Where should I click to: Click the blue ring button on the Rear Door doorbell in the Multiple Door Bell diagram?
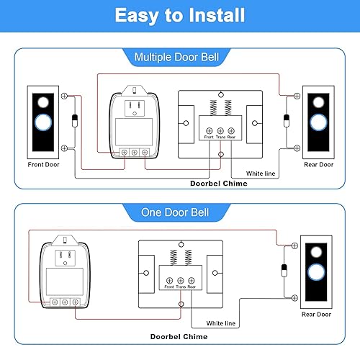coord(318,122)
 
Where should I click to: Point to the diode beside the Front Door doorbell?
coord(76,121)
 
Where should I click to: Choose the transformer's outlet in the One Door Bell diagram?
coord(64,256)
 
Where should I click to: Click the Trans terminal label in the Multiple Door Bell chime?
coord(221,136)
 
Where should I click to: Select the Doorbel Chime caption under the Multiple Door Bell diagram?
coord(209,184)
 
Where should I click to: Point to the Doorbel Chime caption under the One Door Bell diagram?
coord(180,336)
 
